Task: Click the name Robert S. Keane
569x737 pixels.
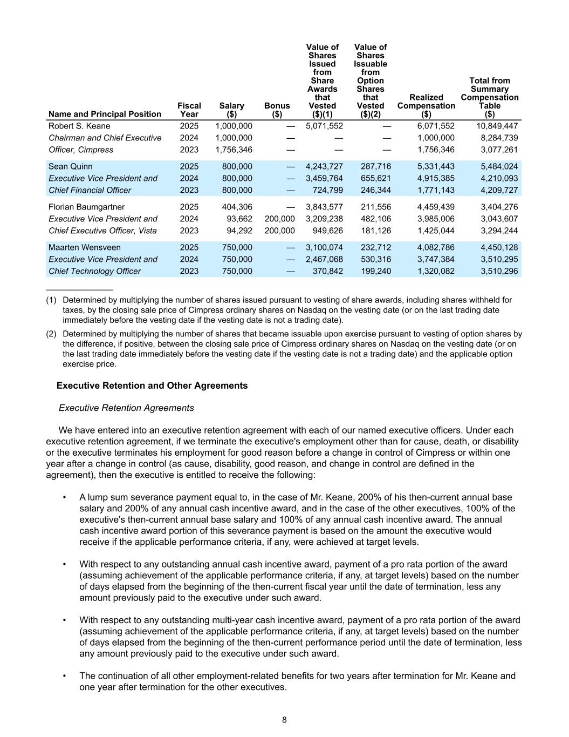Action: coord(79,126)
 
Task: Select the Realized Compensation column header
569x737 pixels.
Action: coord(426,106)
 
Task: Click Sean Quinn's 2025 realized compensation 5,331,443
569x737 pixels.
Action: coord(436,167)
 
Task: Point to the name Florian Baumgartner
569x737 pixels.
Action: coord(86,207)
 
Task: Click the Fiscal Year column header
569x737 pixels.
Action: coord(189,110)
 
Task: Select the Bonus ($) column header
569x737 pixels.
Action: coord(277,110)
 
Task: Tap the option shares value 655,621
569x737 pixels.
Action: coord(375,179)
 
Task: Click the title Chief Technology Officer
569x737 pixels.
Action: coord(94,272)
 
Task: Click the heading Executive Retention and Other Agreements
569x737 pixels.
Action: coord(152,386)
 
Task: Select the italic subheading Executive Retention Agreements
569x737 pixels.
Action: coord(126,408)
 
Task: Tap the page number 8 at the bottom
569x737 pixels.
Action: coord(284,720)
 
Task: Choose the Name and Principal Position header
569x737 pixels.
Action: coord(105,114)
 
